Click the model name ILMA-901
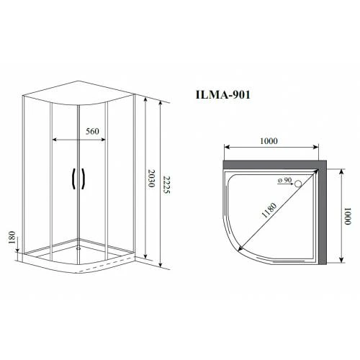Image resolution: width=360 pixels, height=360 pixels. click(223, 95)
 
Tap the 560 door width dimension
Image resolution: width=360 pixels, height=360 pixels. click(92, 131)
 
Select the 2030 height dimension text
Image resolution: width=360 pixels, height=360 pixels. click(152, 179)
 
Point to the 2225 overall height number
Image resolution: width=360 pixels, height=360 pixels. click(166, 185)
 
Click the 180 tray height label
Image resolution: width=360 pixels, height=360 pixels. click(12, 238)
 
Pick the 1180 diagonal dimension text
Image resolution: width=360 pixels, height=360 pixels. click(269, 210)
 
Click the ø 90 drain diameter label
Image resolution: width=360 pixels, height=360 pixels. click(284, 180)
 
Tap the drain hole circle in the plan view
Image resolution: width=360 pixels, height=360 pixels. click(298, 184)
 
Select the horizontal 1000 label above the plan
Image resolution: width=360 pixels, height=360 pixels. click(269, 141)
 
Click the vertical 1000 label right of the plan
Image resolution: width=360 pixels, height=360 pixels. click(348, 216)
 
